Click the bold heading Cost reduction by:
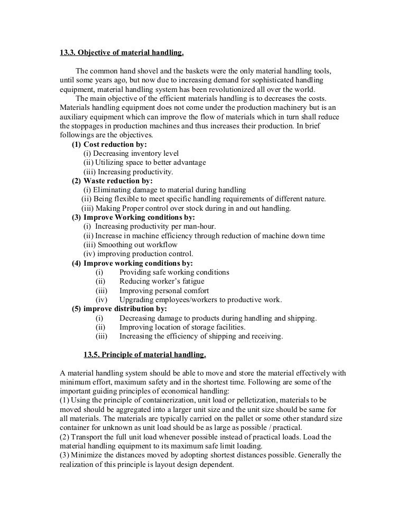pyautogui.click(x=115, y=144)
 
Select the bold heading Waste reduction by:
pyautogui.click(x=118, y=181)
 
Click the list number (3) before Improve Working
pyautogui.click(x=77, y=217)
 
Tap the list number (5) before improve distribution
pyautogui.click(x=77, y=308)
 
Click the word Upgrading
pyautogui.click(x=137, y=299)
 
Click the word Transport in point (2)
pyautogui.click(x=91, y=436)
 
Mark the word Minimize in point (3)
pyautogui.click(x=89, y=455)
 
